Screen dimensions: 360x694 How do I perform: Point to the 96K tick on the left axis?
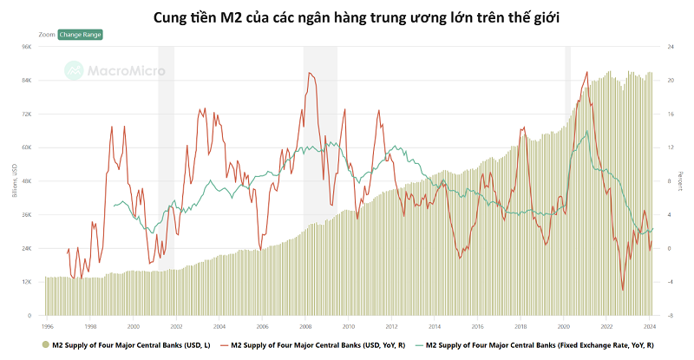26,47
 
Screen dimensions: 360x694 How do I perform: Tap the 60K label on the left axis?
26,147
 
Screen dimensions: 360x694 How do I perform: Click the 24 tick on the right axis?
670,47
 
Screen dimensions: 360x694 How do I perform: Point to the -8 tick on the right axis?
670,316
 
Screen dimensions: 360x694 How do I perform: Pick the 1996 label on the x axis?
47,326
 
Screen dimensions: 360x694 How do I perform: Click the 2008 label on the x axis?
305,326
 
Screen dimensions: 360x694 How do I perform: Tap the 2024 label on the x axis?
650,326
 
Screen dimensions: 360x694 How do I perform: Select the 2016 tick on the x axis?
477,326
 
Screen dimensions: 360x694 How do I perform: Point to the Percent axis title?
681,181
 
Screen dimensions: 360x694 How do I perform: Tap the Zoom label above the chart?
47,34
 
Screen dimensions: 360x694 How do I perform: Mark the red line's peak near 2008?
309,74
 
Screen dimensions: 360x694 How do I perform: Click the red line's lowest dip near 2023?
622,290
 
